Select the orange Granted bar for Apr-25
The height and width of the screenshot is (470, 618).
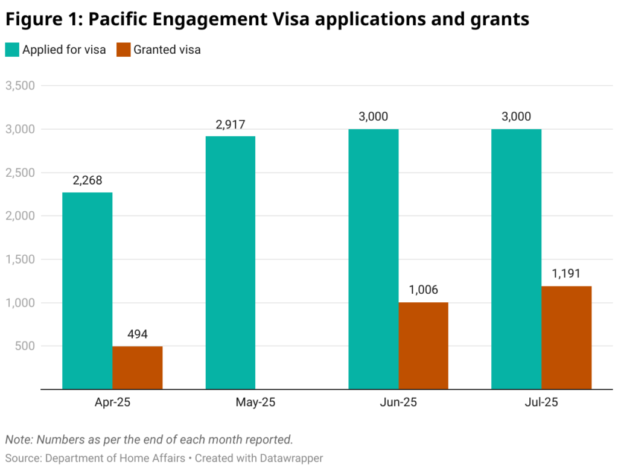click(138, 367)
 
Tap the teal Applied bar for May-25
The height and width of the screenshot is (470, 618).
click(231, 262)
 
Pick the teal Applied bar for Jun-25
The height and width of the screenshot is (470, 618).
click(374, 259)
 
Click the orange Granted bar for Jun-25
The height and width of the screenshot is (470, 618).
click(424, 346)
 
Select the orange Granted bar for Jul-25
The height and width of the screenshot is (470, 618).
click(566, 337)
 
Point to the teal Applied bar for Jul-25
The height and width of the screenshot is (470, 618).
click(516, 259)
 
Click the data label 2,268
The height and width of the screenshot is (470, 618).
click(88, 180)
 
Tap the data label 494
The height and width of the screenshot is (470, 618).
click(138, 334)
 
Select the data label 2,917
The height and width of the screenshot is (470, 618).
click(231, 124)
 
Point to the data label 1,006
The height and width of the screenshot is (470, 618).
click(424, 290)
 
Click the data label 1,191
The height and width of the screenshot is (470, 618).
click(566, 273)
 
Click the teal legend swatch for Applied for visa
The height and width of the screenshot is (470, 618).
click(12, 50)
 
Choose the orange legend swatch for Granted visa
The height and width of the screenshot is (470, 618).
click(123, 50)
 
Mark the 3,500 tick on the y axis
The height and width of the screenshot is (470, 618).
click(20, 86)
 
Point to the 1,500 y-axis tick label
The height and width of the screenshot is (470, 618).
click(20, 259)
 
